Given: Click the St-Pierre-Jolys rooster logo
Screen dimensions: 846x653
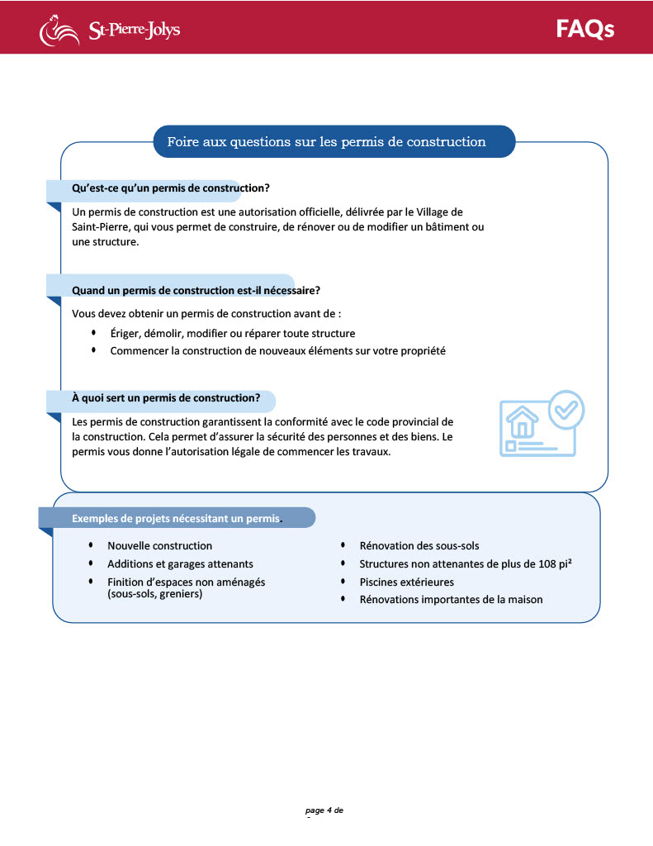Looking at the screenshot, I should [x=57, y=31].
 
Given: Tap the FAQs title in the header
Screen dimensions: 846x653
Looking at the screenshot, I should [x=584, y=29].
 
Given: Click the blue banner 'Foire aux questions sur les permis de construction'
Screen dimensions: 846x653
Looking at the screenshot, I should [x=326, y=141].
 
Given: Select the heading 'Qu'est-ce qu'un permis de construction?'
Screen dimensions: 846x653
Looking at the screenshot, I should [x=171, y=188].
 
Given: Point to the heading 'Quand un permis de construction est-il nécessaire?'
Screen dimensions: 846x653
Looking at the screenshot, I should [x=196, y=290].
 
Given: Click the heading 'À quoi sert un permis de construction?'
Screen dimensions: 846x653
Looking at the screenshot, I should [x=166, y=397].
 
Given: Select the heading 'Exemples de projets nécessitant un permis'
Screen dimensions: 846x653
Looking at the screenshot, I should [x=176, y=518].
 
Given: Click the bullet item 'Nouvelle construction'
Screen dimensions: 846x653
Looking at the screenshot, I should [x=159, y=545].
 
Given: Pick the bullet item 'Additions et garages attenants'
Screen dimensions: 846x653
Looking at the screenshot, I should [x=180, y=563].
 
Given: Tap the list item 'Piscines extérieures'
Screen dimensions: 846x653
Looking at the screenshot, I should [x=406, y=582].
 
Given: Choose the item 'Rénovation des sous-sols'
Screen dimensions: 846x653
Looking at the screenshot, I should [x=419, y=545].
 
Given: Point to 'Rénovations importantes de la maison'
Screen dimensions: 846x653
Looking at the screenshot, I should [x=451, y=599].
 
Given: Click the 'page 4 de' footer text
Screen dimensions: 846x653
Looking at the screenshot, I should [x=324, y=810].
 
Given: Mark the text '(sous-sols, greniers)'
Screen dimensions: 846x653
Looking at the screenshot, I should [x=154, y=593].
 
